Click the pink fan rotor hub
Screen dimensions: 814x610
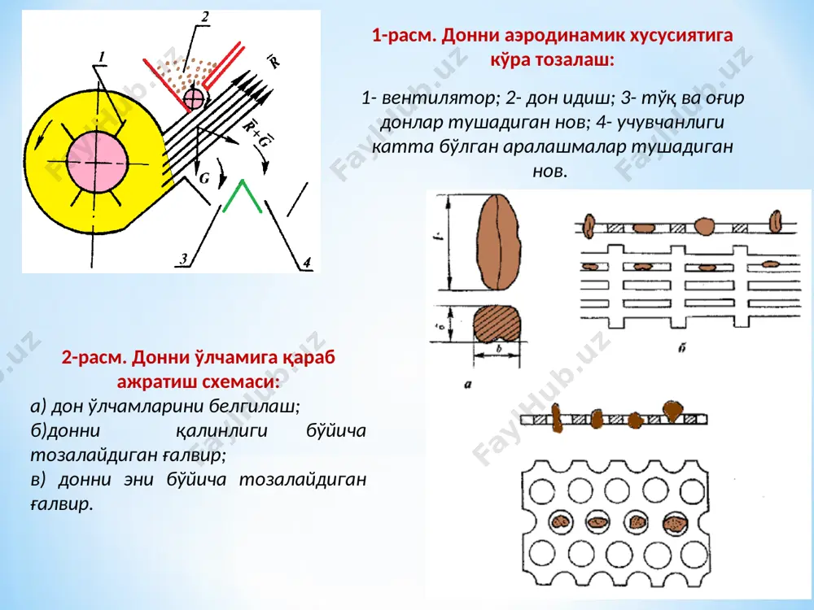tap(97, 163)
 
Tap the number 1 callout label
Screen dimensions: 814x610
tap(103, 57)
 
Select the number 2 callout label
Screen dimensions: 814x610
tap(205, 18)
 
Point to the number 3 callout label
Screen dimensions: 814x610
tap(183, 259)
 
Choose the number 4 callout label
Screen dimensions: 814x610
tap(307, 263)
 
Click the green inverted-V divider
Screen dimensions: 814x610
tap(242, 196)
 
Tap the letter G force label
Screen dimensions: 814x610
tap(204, 178)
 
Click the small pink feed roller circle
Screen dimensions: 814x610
tap(195, 98)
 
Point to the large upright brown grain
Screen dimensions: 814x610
tap(498, 242)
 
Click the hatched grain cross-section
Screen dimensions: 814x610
tap(497, 325)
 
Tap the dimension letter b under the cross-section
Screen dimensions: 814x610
tap(499, 349)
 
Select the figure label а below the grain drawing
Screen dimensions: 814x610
tap(468, 386)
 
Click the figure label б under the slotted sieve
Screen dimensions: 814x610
tap(681, 348)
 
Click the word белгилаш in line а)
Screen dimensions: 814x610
tap(254, 406)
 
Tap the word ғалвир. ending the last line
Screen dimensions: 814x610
tap(62, 503)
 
